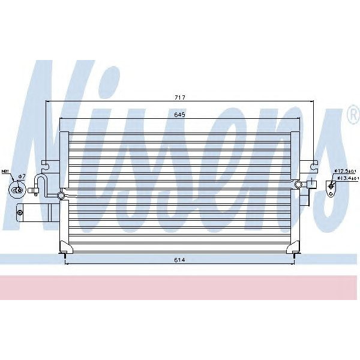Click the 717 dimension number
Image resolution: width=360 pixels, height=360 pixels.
[x=178, y=97]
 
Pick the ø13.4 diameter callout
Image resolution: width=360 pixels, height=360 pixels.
[x=347, y=178]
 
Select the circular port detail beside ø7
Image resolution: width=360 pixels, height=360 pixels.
[x=17, y=190]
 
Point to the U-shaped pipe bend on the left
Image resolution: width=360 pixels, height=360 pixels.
[x=39, y=182]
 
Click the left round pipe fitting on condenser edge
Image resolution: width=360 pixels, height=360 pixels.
[x=61, y=195]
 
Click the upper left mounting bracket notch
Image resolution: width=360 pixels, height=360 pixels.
[x=45, y=163]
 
